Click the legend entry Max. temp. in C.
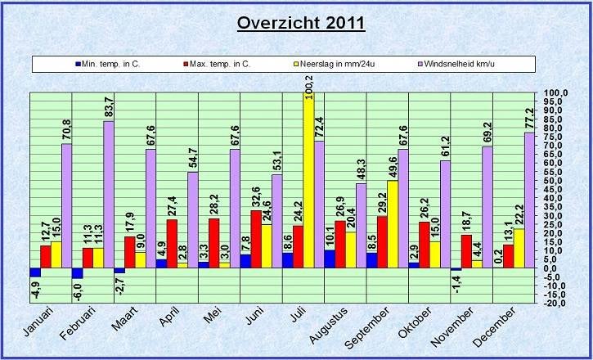pyautogui.click(x=220, y=63)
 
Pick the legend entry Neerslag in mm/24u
pyautogui.click(x=338, y=63)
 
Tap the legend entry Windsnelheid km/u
pyautogui.click(x=461, y=63)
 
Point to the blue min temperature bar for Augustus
pyautogui.click(x=330, y=259)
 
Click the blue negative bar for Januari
pyautogui.click(x=35, y=272)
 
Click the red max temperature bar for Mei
pyautogui.click(x=214, y=243)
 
